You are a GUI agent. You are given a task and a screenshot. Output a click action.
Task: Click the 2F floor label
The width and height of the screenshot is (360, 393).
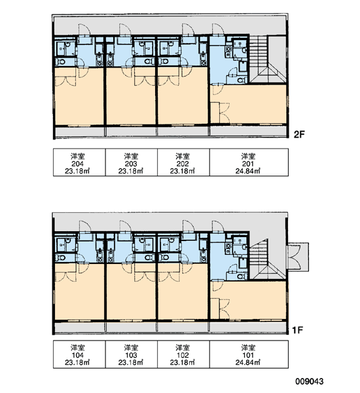(299, 134)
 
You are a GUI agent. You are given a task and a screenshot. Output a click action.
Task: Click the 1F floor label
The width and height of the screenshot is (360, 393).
(298, 330)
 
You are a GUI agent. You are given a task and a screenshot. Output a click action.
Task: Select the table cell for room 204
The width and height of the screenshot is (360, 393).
(79, 162)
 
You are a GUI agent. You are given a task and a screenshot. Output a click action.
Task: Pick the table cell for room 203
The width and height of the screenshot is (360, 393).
(132, 162)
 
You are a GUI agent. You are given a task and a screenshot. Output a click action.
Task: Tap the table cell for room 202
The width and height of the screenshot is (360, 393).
(183, 162)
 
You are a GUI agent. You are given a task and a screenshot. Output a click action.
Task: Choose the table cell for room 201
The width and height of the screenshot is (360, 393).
(249, 162)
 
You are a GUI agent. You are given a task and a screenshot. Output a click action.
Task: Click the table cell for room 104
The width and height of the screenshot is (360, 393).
(79, 354)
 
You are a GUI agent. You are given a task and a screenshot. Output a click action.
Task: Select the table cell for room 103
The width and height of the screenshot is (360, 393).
(132, 354)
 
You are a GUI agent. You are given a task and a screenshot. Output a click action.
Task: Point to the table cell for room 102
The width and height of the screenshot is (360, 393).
(183, 354)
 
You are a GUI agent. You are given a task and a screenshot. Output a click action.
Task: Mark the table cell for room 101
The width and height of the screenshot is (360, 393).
(249, 354)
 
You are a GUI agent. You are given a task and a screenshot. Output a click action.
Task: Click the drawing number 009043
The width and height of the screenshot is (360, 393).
(310, 381)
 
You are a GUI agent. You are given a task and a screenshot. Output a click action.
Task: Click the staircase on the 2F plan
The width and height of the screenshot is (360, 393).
(267, 60)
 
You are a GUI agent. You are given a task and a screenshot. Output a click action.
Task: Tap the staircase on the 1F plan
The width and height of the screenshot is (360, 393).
(267, 259)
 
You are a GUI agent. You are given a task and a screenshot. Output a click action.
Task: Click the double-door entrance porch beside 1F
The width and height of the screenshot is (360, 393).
(298, 257)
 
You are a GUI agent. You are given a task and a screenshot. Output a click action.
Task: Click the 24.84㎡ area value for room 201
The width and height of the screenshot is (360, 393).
(247, 171)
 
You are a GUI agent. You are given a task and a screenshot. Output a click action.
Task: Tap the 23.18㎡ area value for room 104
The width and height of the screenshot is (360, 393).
(77, 362)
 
